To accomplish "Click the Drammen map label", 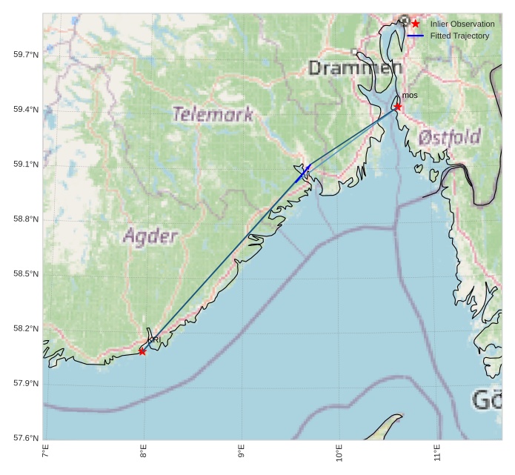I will click(355, 69).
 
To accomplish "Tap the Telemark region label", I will click(213, 114).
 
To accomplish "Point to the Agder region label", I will click(150, 236).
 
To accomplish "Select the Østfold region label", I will click(449, 137).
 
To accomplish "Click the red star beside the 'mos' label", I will click(398, 107).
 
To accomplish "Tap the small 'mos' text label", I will click(410, 96).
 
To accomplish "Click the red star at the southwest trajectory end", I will click(142, 351).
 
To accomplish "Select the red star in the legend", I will click(416, 24).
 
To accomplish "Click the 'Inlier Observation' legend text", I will click(462, 24).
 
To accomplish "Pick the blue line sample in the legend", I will click(416, 36).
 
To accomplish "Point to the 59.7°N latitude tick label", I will click(26, 55).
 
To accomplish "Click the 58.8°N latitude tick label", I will click(26, 219).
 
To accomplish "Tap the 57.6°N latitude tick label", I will click(26, 438).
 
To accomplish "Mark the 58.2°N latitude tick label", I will click(26, 329).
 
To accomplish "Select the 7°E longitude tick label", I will click(46, 451).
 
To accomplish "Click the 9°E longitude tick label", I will click(242, 451).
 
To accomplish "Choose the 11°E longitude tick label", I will click(437, 451).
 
